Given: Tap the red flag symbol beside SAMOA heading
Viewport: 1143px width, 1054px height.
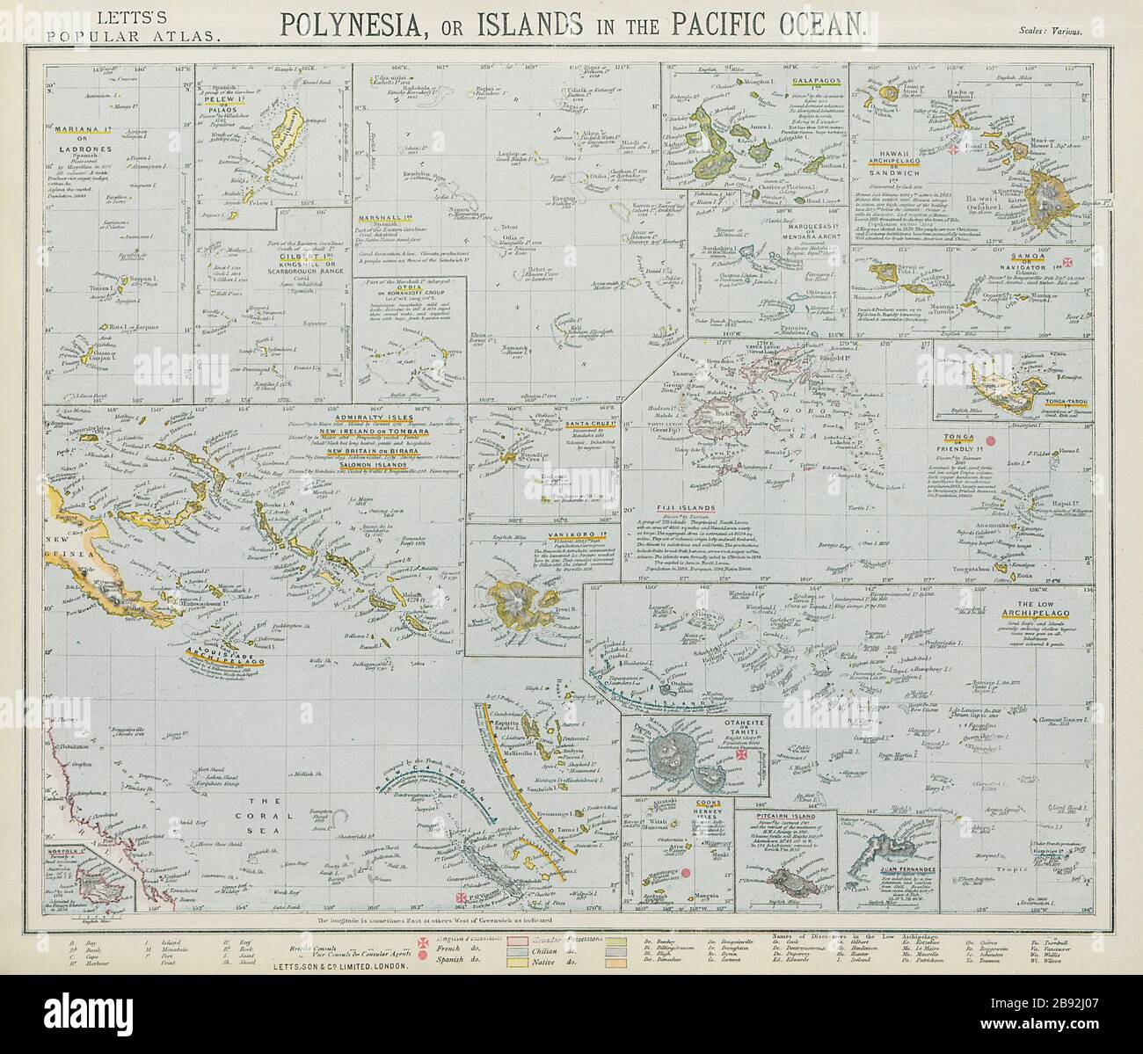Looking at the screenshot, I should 1070,264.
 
